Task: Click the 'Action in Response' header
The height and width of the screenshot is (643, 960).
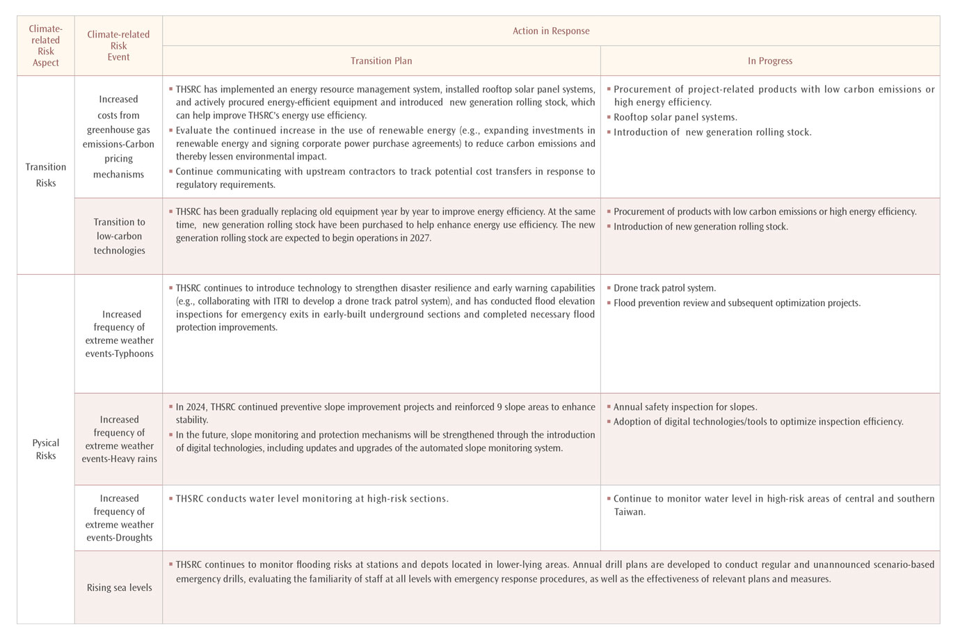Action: pyautogui.click(x=550, y=31)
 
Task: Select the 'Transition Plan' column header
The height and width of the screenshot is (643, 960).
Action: pyautogui.click(x=381, y=61)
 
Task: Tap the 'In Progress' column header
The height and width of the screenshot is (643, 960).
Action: pyautogui.click(x=769, y=61)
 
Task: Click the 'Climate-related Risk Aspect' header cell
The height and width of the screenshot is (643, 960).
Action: pyautogui.click(x=46, y=45)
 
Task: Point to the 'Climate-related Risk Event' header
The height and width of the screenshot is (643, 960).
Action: pyautogui.click(x=118, y=45)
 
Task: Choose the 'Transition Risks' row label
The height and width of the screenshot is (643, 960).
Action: pyautogui.click(x=46, y=175)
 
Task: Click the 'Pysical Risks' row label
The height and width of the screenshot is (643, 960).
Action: pyautogui.click(x=46, y=449)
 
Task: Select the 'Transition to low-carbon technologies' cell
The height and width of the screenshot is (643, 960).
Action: pyautogui.click(x=119, y=236)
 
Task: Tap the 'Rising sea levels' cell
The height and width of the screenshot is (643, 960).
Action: pyautogui.click(x=119, y=587)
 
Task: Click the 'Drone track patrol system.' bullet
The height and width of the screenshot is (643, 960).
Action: pyautogui.click(x=664, y=287)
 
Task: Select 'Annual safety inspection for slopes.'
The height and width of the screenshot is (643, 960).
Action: pyautogui.click(x=685, y=406)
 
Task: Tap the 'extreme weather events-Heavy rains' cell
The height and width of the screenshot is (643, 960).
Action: pyautogui.click(x=119, y=439)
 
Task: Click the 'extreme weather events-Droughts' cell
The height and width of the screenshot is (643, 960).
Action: pyautogui.click(x=119, y=518)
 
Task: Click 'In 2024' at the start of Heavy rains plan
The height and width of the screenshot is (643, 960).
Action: pyautogui.click(x=191, y=406)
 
